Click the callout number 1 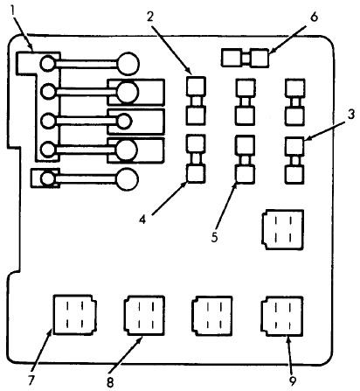(x=13, y=11)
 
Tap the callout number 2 (x=150, y=17)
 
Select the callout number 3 (x=351, y=115)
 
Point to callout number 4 (x=142, y=220)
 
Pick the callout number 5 (x=214, y=237)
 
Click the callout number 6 (x=314, y=17)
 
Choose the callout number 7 (x=31, y=380)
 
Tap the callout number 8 (x=110, y=382)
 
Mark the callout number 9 (x=292, y=380)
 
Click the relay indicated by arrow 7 (x=75, y=315)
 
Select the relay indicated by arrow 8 (x=144, y=316)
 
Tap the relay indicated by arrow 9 (x=282, y=317)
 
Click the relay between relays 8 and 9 (x=212, y=317)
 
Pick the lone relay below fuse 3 (x=282, y=230)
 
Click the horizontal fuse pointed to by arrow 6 (x=245, y=58)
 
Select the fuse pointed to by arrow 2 (x=196, y=101)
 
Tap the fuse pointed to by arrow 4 (x=196, y=159)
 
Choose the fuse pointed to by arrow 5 (x=246, y=160)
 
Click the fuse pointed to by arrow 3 (x=294, y=160)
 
